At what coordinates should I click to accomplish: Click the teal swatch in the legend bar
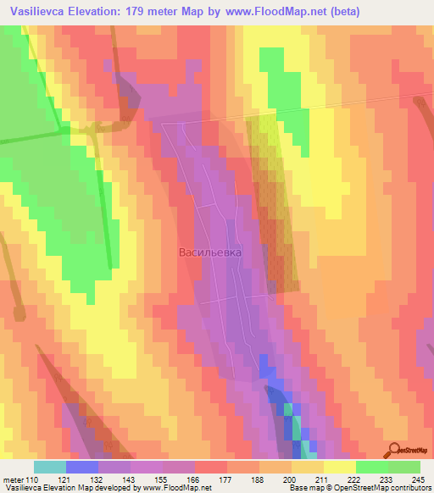[x=50, y=467]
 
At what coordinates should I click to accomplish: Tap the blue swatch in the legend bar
[x=82, y=467]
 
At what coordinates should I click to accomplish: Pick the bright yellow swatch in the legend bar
[x=339, y=467]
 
